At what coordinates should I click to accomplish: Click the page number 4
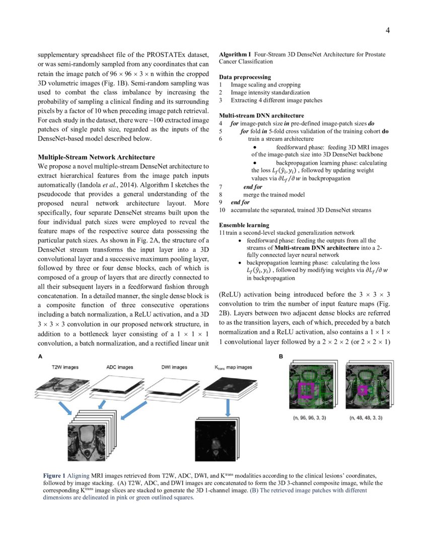pos(388,31)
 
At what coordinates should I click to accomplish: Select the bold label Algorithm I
pos(235,53)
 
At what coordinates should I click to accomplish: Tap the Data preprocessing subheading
pos(245,77)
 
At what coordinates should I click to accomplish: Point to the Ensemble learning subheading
pos(244,225)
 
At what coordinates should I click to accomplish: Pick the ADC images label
pos(120,367)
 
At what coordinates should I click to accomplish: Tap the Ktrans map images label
pos(230,367)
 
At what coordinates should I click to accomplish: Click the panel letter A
pos(40,356)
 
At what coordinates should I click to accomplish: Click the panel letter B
pos(281,356)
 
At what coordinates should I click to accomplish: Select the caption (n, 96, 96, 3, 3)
pos(309,418)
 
